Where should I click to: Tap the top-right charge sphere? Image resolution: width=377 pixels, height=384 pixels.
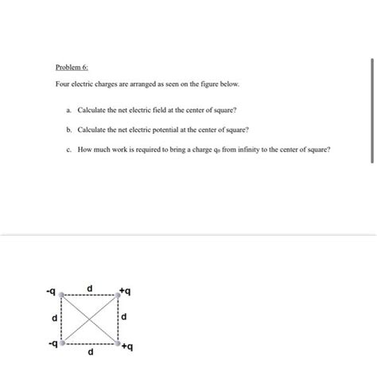[119, 295]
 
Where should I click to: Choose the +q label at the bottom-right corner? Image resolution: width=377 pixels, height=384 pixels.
[129, 348]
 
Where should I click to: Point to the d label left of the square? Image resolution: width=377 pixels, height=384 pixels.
[54, 319]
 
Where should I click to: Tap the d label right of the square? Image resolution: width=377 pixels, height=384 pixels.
[125, 319]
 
